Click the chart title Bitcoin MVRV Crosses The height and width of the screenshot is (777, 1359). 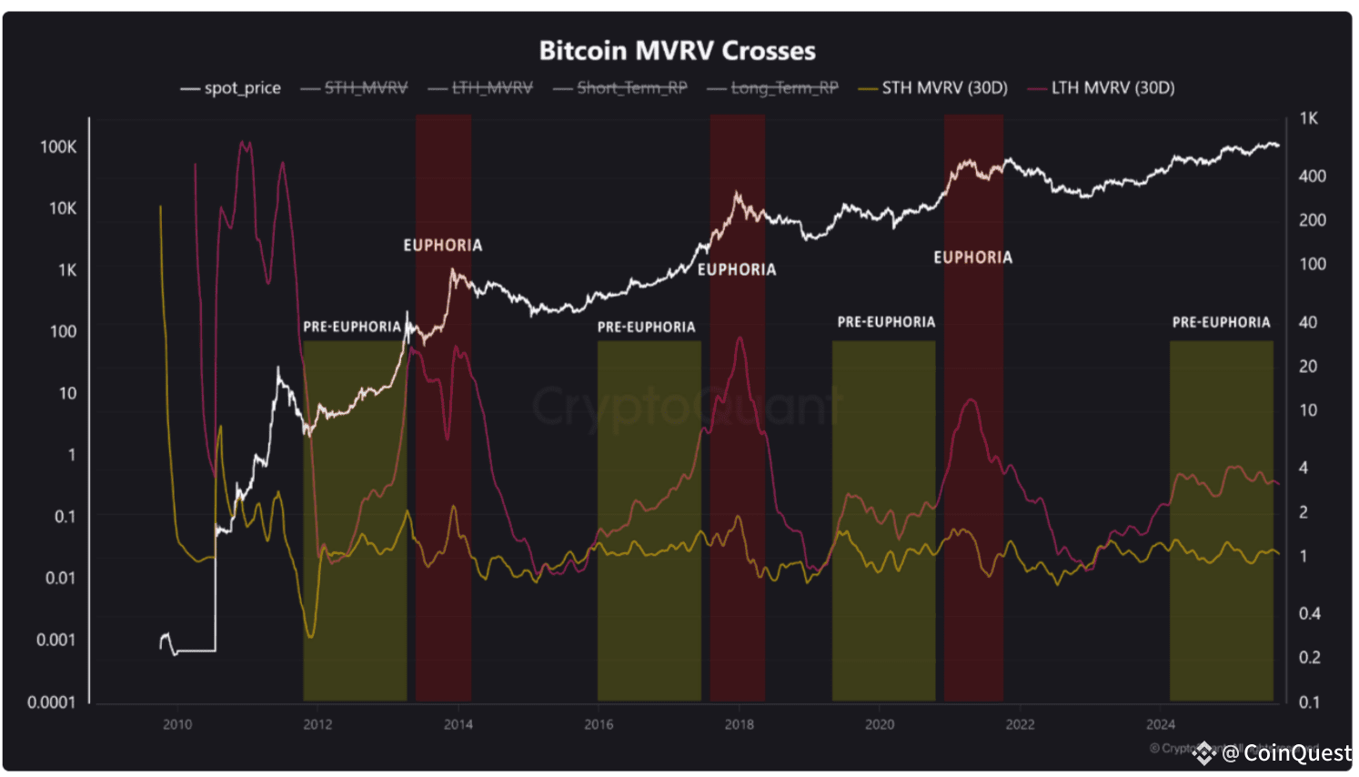677,50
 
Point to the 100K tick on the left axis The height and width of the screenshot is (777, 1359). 58,146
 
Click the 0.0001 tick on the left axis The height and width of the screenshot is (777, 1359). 52,702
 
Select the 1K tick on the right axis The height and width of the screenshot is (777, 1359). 1308,118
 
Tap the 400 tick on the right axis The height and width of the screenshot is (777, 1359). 1312,177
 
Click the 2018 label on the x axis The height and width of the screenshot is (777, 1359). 739,724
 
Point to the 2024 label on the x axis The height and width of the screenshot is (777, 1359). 1160,724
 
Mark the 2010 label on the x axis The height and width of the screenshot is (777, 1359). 177,724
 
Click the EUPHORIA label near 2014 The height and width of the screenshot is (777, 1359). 443,246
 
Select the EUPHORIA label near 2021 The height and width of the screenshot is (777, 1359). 972,257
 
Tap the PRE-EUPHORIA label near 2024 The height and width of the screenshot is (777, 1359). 1221,323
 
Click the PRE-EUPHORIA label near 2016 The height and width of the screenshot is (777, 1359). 646,328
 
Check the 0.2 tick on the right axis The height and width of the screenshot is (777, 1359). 1309,658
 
